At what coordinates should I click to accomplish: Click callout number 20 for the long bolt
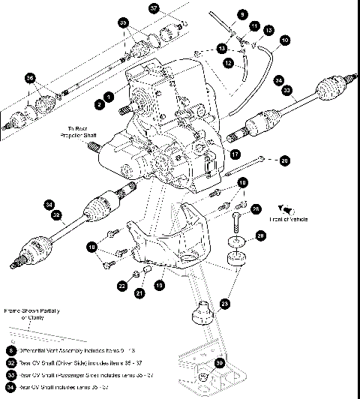(x=283, y=160)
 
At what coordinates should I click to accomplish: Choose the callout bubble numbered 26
(x=256, y=208)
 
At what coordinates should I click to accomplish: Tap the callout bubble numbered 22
(x=121, y=286)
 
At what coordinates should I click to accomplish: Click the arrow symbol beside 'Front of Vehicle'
(x=285, y=208)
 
